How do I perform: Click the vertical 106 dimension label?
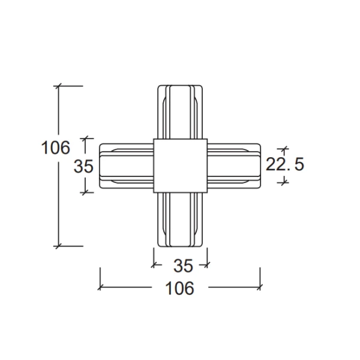[x=55, y=147]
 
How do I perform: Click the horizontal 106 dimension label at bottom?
[x=180, y=288]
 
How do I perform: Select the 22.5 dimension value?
[x=284, y=164]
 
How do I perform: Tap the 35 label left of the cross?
[x=83, y=166]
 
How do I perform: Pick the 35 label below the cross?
[x=183, y=266]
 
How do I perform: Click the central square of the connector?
[x=181, y=166]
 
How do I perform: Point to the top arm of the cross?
[x=180, y=112]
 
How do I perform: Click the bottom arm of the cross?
[x=180, y=220]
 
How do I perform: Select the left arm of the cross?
[x=127, y=166]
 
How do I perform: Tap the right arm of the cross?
[x=234, y=166]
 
